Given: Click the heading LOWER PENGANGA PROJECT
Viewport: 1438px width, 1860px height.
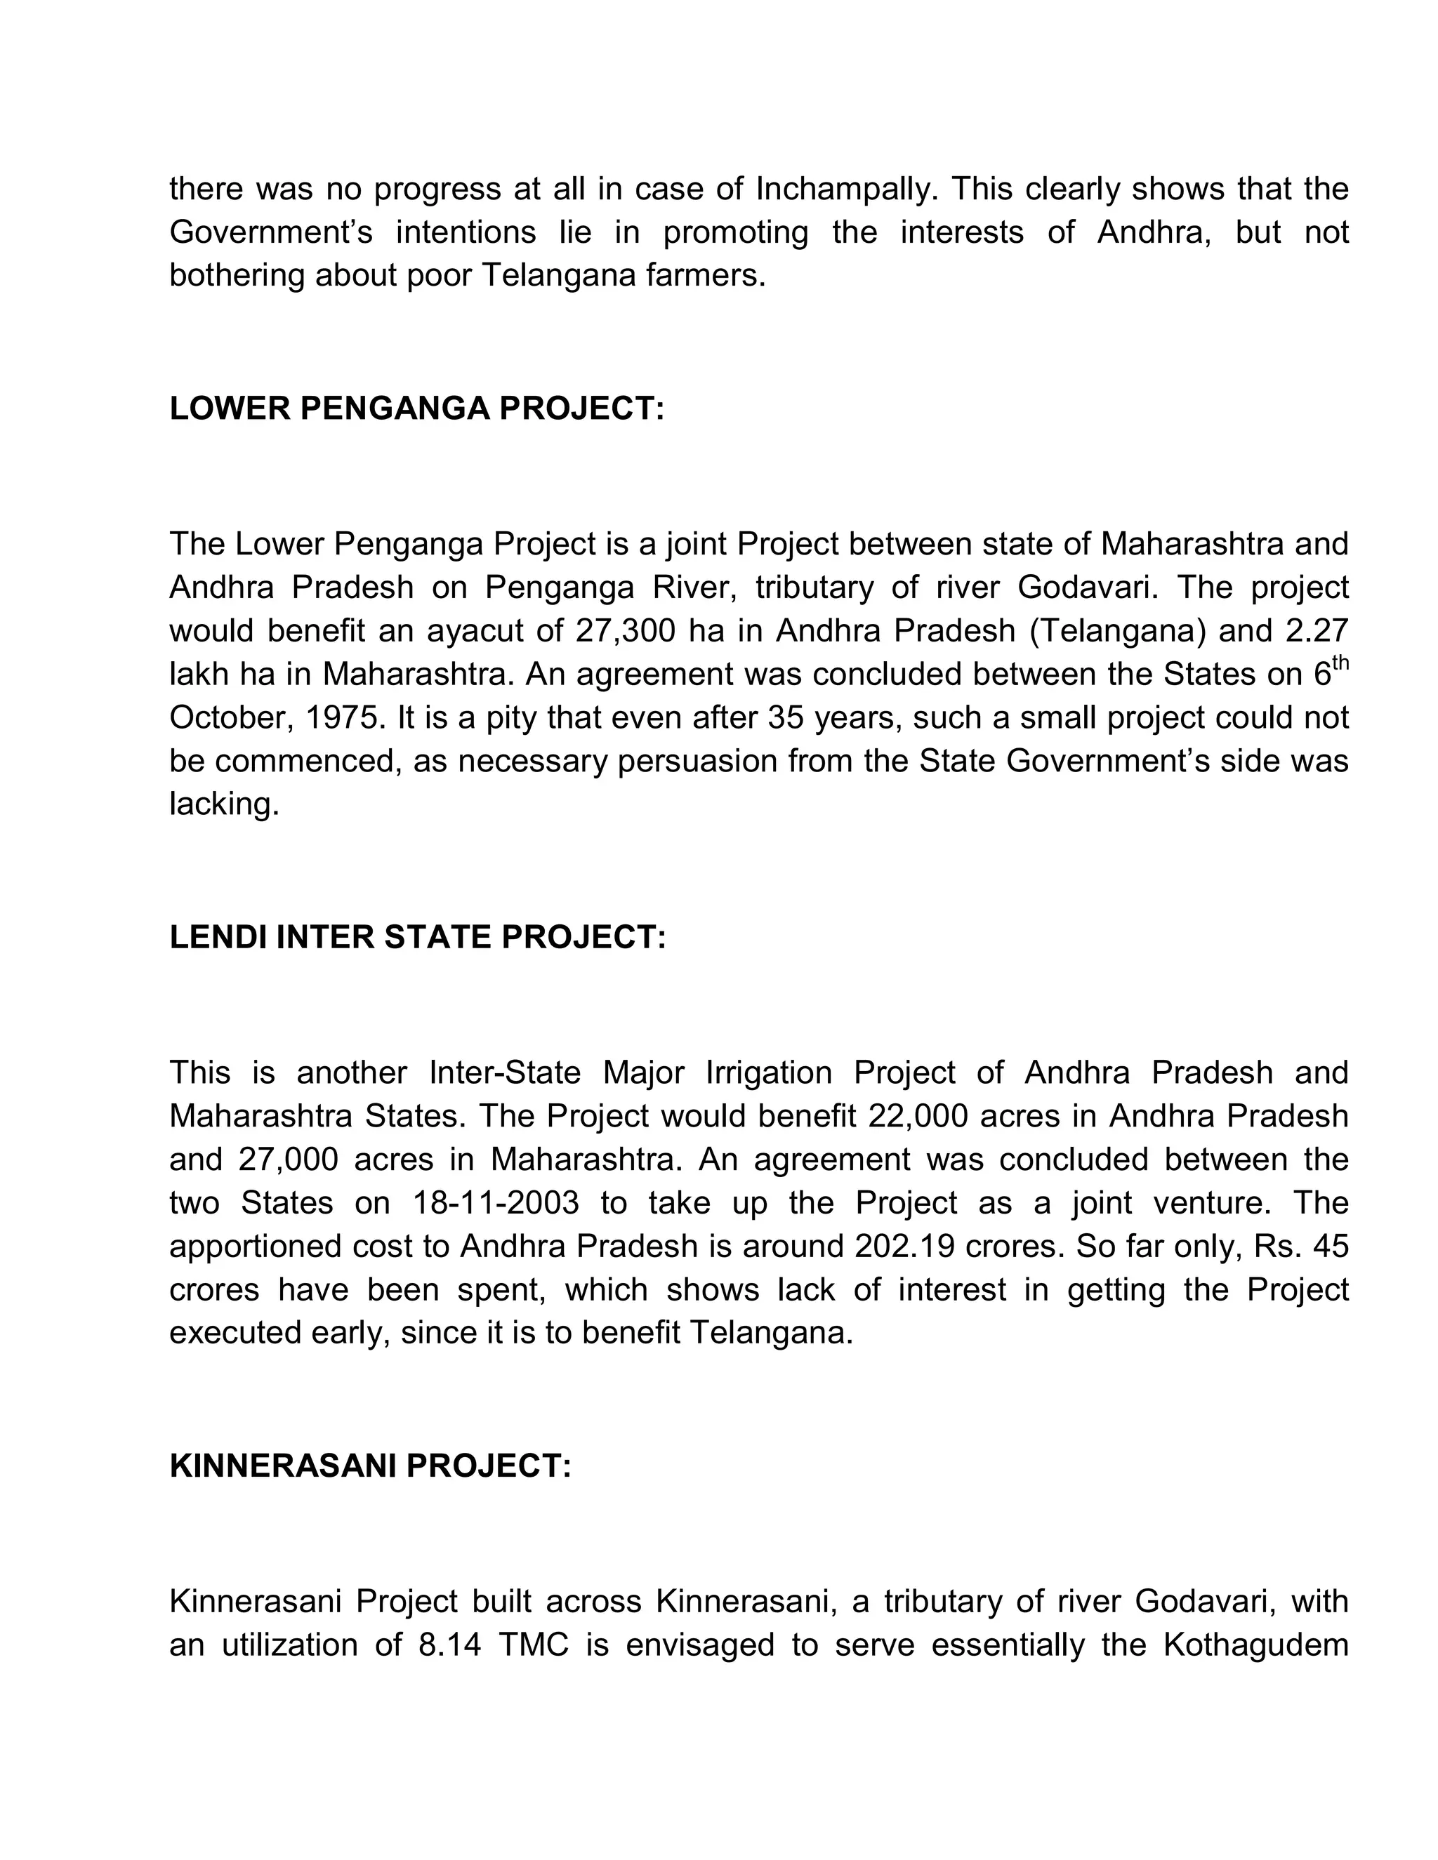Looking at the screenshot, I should coord(416,408).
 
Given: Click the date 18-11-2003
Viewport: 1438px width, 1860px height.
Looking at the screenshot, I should coord(496,1203).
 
